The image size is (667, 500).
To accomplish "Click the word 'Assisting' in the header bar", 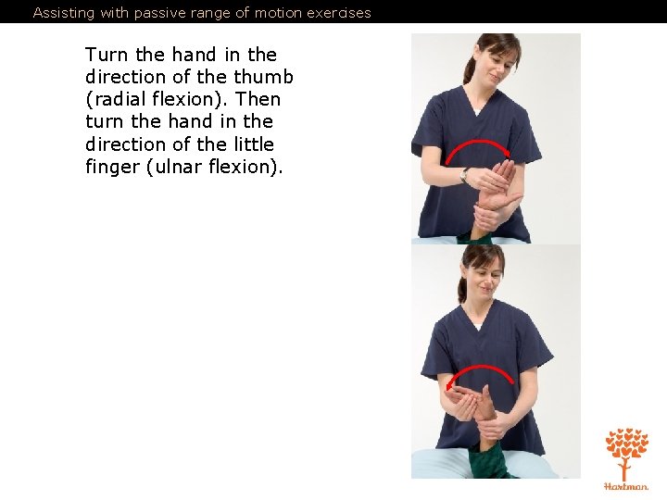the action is click(63, 13).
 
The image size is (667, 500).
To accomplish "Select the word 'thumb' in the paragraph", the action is click(263, 77).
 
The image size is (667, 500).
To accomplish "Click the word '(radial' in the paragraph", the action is click(116, 99).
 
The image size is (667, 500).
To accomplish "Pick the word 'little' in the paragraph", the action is click(254, 144).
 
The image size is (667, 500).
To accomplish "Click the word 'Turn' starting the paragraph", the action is click(107, 55).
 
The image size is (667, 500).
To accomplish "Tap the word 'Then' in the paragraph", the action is click(258, 99).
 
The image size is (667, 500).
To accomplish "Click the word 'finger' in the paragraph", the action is click(113, 167).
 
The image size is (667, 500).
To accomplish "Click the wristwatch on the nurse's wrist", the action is click(465, 174).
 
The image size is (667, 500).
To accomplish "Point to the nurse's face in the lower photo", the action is click(485, 281).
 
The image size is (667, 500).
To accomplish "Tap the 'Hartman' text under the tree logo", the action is click(626, 486).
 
